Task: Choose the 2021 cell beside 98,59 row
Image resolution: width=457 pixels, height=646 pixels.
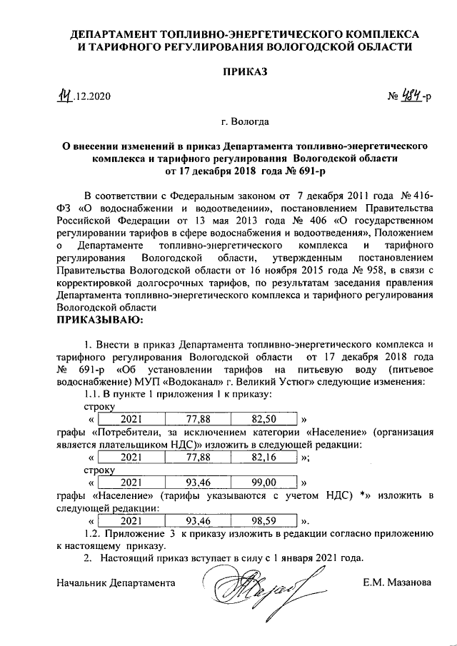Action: click(x=131, y=521)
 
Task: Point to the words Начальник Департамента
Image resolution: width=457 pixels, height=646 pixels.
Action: click(x=116, y=582)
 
